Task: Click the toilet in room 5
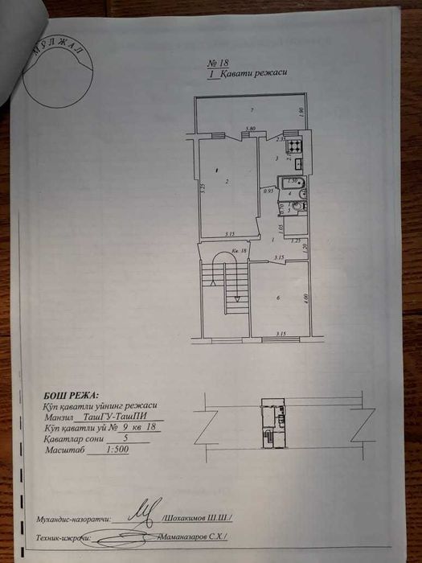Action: tap(297, 207)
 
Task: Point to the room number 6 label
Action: tap(278, 298)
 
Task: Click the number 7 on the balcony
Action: tap(252, 109)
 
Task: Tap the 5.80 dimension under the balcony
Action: tap(250, 129)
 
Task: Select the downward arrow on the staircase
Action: tap(237, 296)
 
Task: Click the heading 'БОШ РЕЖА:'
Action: tap(69, 396)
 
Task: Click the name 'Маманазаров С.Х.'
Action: tap(194, 536)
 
